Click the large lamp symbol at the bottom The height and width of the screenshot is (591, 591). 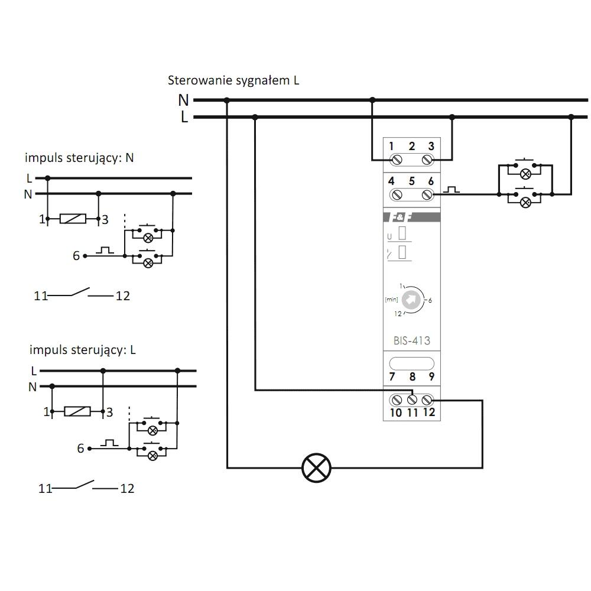[317, 467]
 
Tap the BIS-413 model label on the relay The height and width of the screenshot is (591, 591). [411, 341]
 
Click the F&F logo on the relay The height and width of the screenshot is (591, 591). [401, 217]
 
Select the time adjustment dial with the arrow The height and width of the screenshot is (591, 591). [411, 300]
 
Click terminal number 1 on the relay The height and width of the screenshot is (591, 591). [391, 146]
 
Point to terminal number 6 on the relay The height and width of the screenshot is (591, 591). [431, 181]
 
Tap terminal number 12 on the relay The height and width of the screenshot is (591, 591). [429, 412]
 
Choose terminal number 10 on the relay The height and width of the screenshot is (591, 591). [396, 413]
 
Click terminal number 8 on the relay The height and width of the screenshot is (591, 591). [413, 376]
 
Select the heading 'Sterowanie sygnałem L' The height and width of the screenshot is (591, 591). [233, 80]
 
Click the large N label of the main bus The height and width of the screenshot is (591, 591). [183, 100]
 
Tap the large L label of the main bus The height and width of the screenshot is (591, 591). [184, 117]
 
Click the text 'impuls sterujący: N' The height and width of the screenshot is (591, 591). [79, 158]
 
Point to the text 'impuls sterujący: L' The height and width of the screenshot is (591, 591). [82, 350]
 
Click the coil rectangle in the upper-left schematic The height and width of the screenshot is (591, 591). [73, 219]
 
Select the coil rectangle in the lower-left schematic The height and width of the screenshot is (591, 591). [77, 411]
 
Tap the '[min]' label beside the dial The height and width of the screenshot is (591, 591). [391, 300]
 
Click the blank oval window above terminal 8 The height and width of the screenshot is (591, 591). [411, 363]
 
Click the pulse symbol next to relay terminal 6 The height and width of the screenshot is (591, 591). [451, 189]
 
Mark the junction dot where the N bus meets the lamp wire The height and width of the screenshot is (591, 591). [226, 100]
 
